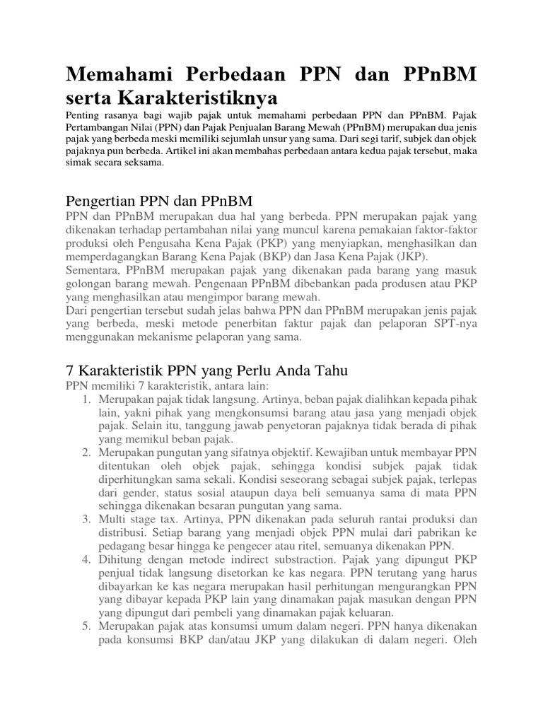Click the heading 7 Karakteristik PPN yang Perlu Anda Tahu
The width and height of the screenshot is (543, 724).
[x=206, y=371]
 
